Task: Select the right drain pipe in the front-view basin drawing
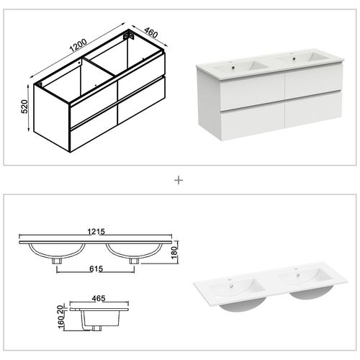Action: click(x=133, y=261)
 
